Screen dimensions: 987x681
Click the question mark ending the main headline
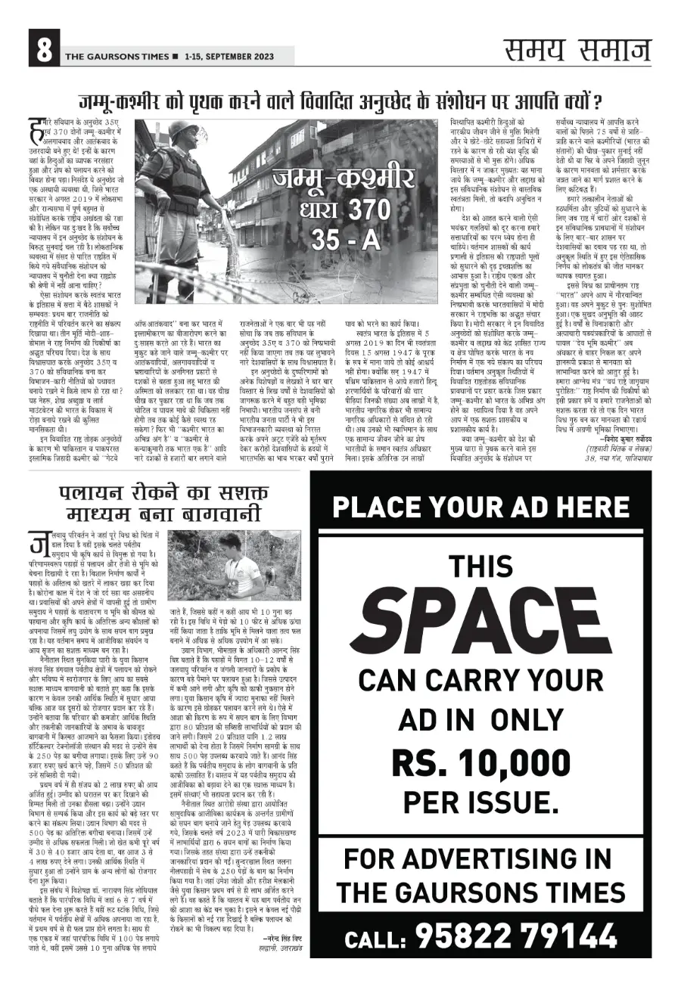(x=595, y=100)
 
